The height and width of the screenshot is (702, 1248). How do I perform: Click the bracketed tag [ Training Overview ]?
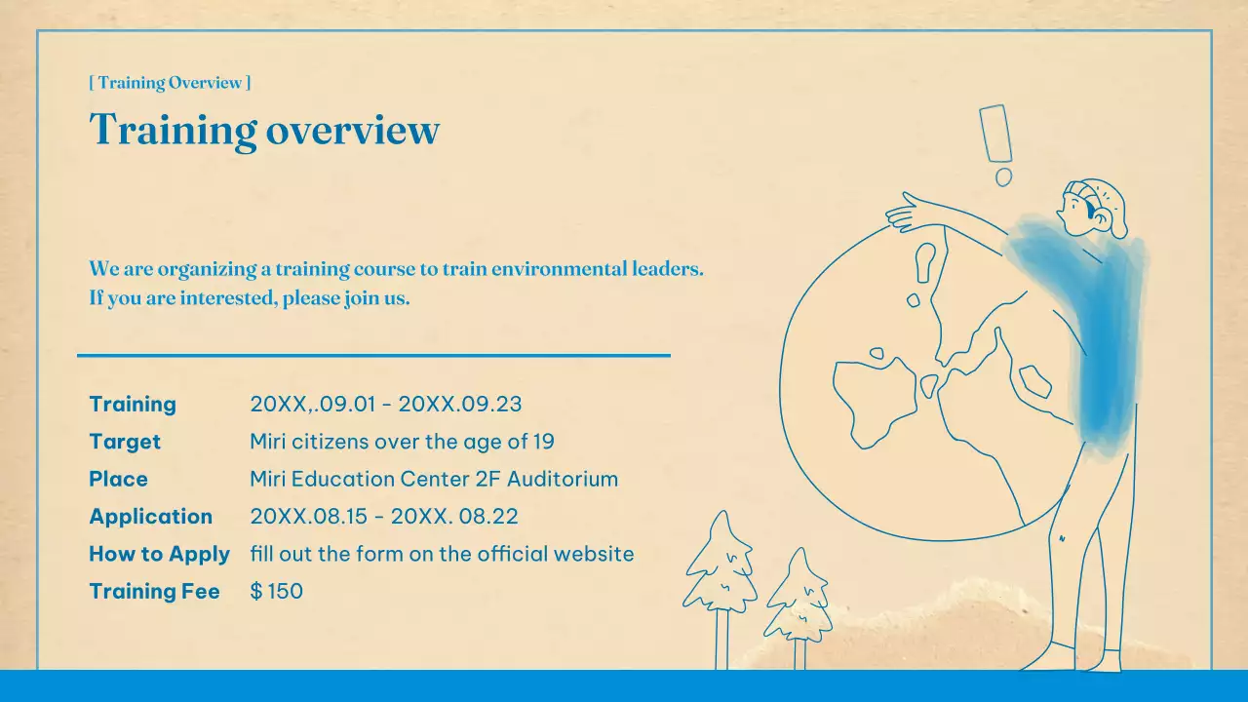tap(170, 83)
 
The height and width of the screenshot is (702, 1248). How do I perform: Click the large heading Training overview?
tap(264, 130)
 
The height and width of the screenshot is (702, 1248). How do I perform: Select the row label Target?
tap(125, 442)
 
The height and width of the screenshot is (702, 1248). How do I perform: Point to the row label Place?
tap(118, 479)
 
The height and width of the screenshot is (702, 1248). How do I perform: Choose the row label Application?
tap(150, 517)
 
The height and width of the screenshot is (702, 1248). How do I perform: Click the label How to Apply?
tap(159, 554)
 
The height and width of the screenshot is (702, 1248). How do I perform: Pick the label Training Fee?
tap(154, 591)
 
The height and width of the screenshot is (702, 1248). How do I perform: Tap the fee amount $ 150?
tap(277, 591)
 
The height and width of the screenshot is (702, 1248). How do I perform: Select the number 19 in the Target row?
tap(543, 442)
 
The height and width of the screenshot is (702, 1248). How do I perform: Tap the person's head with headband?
tap(1091, 207)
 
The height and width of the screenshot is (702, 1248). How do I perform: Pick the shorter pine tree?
tap(798, 600)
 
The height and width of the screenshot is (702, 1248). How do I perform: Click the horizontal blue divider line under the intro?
tap(373, 356)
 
